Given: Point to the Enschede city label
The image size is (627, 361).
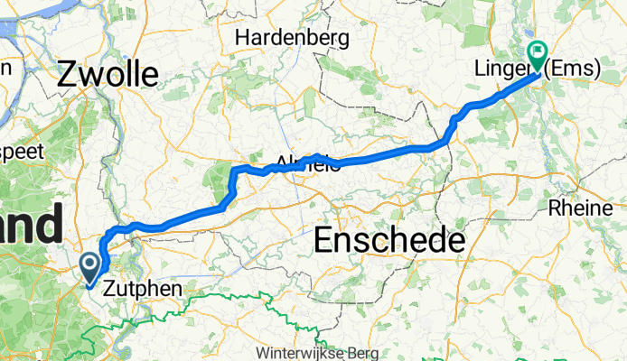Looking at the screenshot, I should click(390, 241).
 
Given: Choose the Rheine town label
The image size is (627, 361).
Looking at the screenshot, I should click(581, 208).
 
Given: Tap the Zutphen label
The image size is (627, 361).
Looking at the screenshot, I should click(142, 290).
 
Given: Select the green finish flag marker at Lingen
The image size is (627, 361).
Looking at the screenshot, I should click(538, 56).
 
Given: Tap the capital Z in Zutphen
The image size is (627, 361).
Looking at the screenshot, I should click(109, 290).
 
